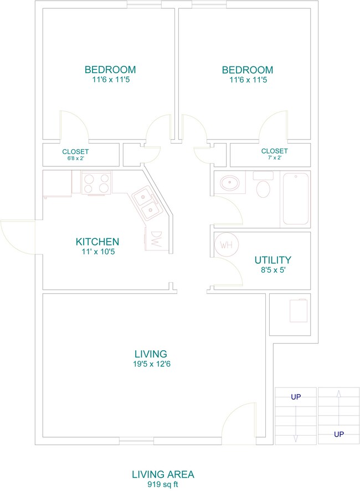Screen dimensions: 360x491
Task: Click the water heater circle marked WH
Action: [227, 244]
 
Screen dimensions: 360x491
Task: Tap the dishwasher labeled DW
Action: [156, 239]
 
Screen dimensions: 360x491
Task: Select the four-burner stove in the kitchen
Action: [96, 183]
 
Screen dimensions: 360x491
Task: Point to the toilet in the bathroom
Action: [263, 185]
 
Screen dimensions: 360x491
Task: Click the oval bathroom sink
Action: [230, 182]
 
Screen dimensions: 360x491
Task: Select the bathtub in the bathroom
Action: [296, 199]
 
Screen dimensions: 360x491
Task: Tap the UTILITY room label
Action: [272, 260]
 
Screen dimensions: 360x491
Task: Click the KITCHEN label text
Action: [97, 242]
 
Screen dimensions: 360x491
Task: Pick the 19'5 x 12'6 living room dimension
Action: [152, 364]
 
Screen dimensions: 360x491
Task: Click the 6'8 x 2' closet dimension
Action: [75, 158]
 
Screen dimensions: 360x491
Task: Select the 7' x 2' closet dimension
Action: [275, 157]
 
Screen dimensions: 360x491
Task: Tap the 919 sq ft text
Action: [163, 484]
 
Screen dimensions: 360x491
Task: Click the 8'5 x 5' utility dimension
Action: [273, 270]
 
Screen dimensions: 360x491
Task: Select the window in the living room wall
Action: [136, 441]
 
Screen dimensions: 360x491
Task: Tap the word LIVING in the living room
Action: [151, 354]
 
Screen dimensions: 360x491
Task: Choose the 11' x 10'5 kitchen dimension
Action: [98, 252]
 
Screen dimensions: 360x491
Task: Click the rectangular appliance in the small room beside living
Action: [299, 311]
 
